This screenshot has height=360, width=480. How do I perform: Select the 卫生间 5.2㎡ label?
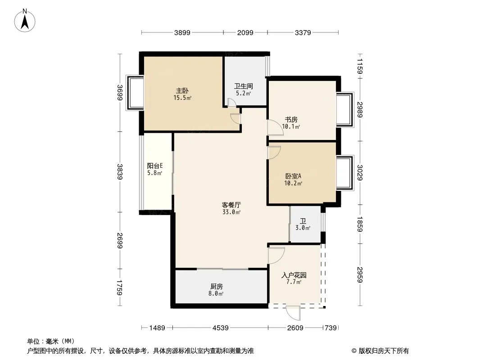(x=244, y=90)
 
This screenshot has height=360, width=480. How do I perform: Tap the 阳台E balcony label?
(x=154, y=169)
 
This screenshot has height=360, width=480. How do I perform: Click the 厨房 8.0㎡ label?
(x=216, y=290)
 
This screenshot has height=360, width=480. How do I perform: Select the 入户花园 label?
(x=294, y=279)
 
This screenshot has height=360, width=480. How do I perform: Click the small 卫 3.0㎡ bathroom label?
(x=303, y=225)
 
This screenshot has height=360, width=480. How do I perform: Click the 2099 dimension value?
(x=245, y=32)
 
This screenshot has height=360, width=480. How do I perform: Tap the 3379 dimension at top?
(x=303, y=32)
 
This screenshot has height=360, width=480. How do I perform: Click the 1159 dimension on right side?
(x=360, y=65)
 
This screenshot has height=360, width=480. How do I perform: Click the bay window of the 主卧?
(x=134, y=93)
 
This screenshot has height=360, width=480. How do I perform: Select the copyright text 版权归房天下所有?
(x=380, y=351)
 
